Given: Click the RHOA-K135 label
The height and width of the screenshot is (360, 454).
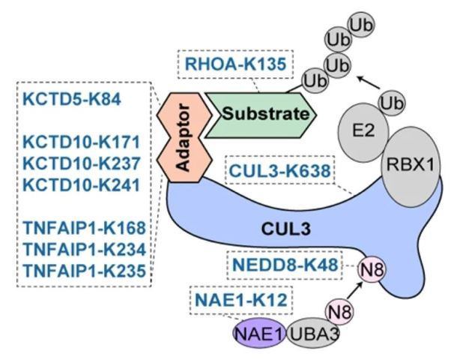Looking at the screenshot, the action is [235, 64].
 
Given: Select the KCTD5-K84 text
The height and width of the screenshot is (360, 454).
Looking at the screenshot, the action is [72, 100].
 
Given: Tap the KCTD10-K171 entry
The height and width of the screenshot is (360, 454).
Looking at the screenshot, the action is [82, 142].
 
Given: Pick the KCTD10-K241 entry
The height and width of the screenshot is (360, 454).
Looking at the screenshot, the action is [82, 185].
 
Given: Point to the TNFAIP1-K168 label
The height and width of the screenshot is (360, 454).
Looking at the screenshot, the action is [85, 228].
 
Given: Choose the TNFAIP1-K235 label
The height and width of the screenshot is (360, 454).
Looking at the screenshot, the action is [85, 271].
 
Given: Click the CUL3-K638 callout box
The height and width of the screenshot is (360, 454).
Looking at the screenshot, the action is [279, 171].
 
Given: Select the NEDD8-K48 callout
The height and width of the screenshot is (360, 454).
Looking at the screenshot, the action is [285, 265].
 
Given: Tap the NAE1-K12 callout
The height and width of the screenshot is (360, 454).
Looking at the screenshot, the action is [241, 300].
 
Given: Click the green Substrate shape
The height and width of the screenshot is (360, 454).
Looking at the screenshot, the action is [261, 115].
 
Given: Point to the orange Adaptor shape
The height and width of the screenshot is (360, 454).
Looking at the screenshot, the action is [184, 137].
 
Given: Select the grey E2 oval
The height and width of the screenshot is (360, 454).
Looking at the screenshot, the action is [363, 132].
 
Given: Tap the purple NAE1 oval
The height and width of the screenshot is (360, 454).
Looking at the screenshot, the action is [259, 334].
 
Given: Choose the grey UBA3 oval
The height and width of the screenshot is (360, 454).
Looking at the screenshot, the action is [313, 334].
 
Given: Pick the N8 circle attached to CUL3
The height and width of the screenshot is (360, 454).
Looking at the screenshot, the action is [372, 269].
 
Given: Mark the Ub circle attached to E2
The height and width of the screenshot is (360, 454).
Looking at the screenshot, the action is [392, 103].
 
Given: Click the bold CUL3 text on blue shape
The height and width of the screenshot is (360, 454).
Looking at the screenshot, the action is [285, 229].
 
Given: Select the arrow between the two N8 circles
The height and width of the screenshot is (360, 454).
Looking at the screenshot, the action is [354, 291].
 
